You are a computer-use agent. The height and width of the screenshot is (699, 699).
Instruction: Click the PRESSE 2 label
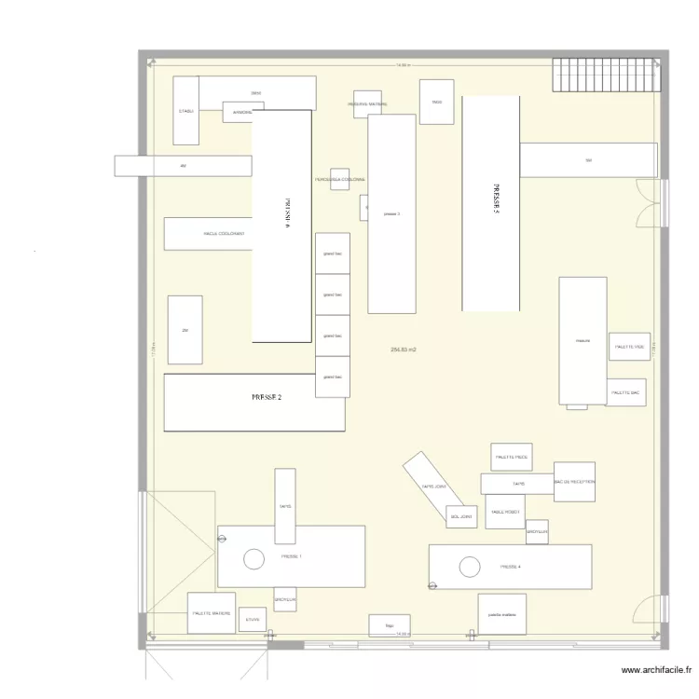click(x=267, y=397)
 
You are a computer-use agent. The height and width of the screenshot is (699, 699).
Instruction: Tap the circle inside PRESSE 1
click(x=254, y=559)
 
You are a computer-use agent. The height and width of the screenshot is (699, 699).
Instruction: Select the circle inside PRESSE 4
click(x=469, y=566)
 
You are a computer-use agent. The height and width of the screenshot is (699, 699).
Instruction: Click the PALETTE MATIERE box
click(x=212, y=613)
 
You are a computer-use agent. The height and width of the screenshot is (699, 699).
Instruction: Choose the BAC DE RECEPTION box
click(x=574, y=482)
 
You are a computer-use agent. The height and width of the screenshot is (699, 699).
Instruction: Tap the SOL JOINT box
click(x=461, y=515)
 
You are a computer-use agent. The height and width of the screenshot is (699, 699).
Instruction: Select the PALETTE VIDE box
click(x=630, y=347)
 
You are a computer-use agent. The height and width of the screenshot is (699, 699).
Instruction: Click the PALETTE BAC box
click(x=626, y=392)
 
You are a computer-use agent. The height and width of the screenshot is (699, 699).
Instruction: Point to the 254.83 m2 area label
click(x=404, y=349)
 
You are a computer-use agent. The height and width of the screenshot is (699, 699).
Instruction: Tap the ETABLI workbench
click(x=186, y=111)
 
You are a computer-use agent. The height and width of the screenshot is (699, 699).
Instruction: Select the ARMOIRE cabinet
click(x=237, y=114)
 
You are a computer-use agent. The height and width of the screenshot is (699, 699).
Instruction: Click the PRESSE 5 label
click(x=497, y=199)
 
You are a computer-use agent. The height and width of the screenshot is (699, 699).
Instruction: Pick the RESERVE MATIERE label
click(x=367, y=104)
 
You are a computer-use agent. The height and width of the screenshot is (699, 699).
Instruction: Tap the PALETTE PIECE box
click(x=512, y=458)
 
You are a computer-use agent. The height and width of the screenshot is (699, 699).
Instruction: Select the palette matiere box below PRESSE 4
click(x=502, y=614)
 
